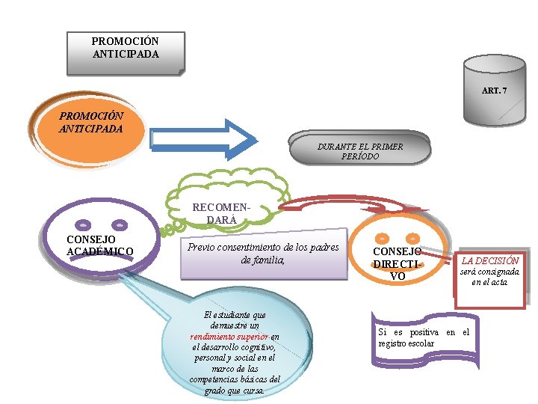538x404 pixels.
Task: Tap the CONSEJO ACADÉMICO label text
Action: point(100,245)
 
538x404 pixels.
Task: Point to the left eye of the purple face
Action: point(84,223)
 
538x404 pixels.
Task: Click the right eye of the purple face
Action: point(120,223)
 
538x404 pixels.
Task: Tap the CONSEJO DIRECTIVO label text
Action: point(398,264)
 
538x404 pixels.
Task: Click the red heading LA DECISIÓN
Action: point(490,261)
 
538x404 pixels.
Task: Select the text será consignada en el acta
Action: point(490,278)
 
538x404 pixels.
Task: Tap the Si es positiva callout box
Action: point(423,337)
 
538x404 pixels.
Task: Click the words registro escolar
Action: point(406,343)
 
